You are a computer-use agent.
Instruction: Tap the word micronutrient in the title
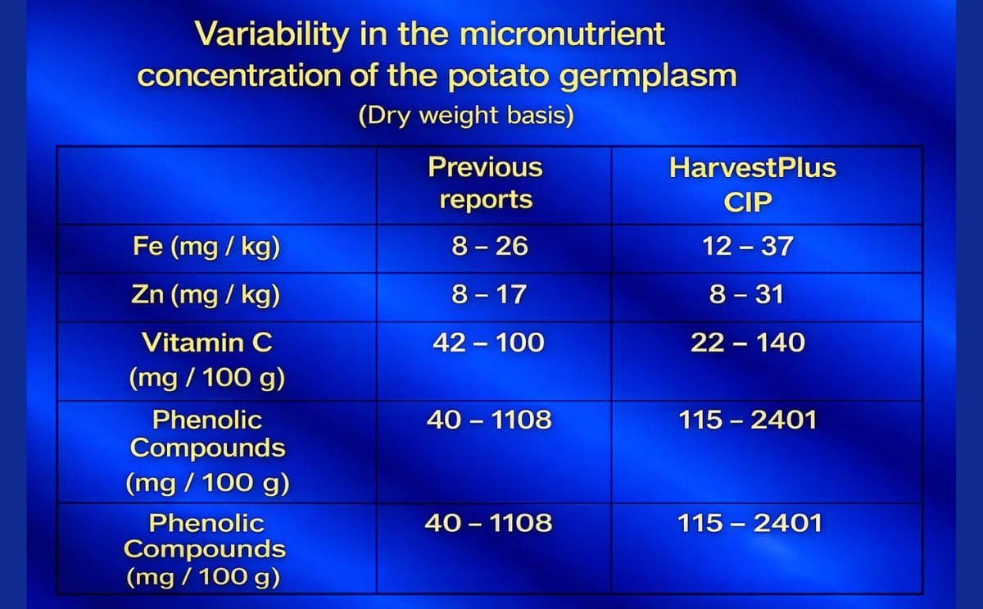(x=562, y=34)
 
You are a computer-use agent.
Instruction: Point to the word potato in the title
(x=499, y=75)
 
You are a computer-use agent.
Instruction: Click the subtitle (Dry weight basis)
(x=466, y=115)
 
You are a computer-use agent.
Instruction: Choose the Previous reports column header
(x=485, y=183)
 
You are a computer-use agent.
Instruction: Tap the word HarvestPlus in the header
(x=753, y=168)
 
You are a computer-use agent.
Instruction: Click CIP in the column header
(x=748, y=202)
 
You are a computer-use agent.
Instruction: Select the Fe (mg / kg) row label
(x=206, y=247)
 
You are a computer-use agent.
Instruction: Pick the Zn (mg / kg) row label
(x=206, y=294)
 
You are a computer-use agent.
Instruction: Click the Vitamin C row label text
(x=206, y=342)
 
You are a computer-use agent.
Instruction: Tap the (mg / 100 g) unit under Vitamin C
(x=207, y=378)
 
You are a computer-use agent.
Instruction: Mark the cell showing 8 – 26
(x=490, y=246)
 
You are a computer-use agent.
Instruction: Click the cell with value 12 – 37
(x=748, y=246)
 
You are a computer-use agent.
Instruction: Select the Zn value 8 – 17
(x=489, y=294)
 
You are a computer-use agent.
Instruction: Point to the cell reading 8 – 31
(x=746, y=294)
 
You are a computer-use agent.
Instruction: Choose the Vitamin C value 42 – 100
(x=488, y=342)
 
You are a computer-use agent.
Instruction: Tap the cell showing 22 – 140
(x=748, y=342)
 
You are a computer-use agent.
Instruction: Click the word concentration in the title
(x=238, y=75)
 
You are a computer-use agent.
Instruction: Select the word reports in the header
(x=486, y=200)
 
